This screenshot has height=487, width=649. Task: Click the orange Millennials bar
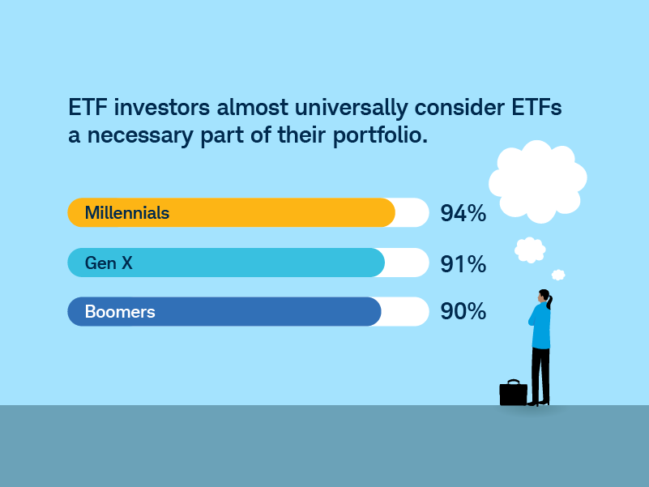pos(232,212)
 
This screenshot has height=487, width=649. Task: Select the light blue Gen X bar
pos(226,263)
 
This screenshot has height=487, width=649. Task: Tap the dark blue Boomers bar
pos(224,311)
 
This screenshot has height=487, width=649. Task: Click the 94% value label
pos(463,213)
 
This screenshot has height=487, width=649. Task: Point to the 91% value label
pos(463,264)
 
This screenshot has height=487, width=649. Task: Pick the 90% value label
pos(463,311)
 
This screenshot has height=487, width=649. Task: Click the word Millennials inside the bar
pos(127,213)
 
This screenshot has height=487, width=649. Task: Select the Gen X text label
pos(109,263)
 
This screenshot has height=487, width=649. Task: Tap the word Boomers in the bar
pos(120,312)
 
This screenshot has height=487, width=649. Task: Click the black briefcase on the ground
pos(513,393)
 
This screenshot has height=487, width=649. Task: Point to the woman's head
pos(544,297)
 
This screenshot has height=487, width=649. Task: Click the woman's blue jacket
pos(540,326)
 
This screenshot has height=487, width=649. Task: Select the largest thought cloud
pos(538,182)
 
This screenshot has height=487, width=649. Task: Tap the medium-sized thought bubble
pos(530,250)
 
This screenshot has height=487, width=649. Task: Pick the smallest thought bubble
pos(558,275)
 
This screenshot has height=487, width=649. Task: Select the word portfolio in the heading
pos(380,135)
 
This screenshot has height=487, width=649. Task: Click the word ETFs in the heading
pos(537,107)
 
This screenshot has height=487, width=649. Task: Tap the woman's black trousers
pos(540,375)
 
